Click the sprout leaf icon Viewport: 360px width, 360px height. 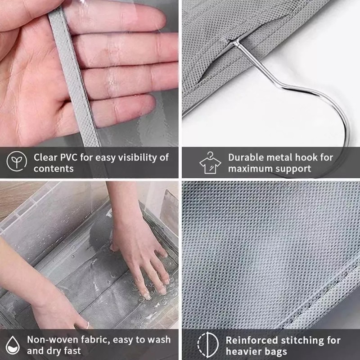17,161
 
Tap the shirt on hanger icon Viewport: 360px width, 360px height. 210,162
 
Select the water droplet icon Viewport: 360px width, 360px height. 13,345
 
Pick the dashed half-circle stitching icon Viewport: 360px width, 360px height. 208,345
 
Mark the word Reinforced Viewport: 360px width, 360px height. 252,340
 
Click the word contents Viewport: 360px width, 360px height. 54,169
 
